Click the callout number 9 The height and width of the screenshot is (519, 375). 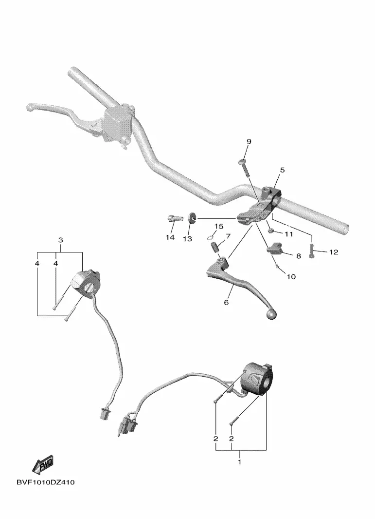click(x=249, y=141)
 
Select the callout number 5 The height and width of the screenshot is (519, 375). click(x=282, y=170)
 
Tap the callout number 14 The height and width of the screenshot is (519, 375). click(x=169, y=237)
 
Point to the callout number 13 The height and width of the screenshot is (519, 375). click(x=187, y=239)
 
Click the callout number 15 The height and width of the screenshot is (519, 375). click(x=218, y=226)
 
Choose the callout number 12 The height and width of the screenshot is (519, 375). click(x=333, y=252)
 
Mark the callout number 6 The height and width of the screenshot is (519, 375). click(x=226, y=302)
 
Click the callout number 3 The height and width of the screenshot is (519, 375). click(x=61, y=240)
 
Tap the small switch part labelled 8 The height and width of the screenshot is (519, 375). click(x=275, y=249)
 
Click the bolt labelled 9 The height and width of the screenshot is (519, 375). click(x=243, y=167)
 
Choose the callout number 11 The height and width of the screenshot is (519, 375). click(x=289, y=234)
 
